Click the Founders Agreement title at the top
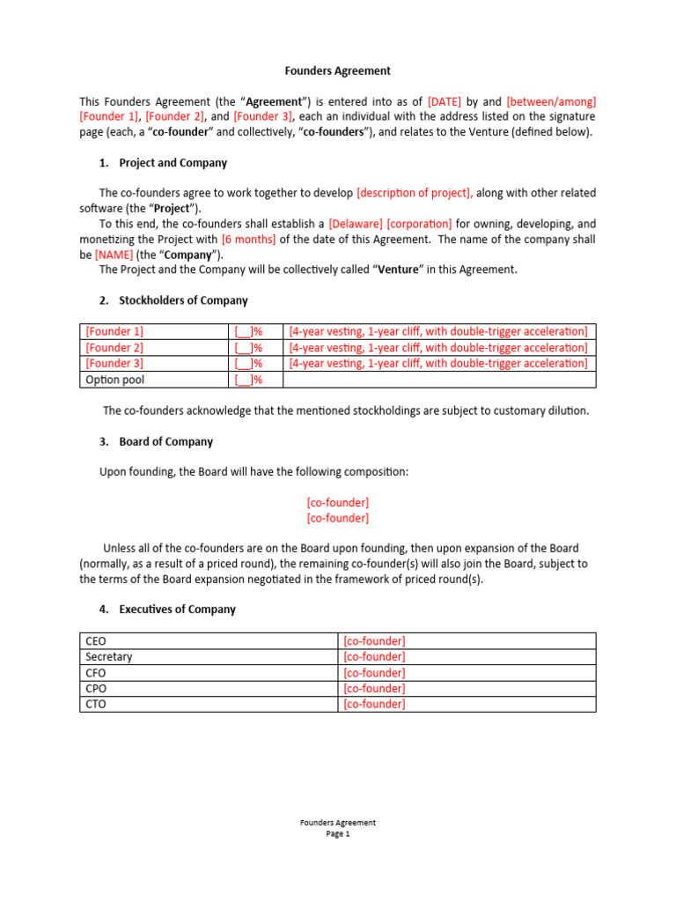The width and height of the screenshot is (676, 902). point(337,70)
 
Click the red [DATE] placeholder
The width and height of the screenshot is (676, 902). point(445,102)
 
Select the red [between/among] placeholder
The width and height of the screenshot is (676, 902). point(556,102)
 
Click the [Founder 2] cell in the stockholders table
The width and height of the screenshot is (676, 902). point(114,348)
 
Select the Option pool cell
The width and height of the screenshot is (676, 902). point(115,380)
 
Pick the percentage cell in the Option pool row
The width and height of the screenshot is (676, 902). point(249,380)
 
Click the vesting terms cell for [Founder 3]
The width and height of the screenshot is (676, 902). point(438,364)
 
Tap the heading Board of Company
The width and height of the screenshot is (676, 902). point(165,441)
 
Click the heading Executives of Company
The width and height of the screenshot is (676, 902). point(177,610)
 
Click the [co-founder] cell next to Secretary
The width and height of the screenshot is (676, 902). point(374,657)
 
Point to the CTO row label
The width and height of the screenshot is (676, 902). point(95,705)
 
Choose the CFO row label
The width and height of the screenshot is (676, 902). point(95,673)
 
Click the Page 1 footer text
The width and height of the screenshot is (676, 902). point(337,835)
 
